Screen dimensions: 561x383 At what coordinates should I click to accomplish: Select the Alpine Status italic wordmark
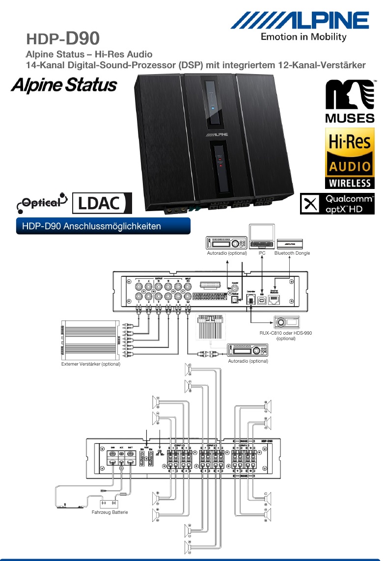tap(64, 85)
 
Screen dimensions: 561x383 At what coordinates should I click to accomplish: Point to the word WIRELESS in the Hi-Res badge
tap(350, 183)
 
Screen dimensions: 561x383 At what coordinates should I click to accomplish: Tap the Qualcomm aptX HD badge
tap(337, 204)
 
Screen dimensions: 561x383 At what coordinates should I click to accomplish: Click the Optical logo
tap(41, 201)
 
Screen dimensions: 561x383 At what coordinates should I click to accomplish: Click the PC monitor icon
tap(262, 237)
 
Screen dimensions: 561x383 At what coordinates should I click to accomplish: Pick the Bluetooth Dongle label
tap(292, 253)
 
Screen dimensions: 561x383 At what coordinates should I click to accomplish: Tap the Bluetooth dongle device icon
tap(290, 243)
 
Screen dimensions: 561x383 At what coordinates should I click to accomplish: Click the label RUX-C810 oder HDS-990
tap(285, 333)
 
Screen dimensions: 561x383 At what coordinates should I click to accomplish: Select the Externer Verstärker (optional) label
tap(90, 364)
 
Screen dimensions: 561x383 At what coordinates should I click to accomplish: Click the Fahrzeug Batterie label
tap(109, 512)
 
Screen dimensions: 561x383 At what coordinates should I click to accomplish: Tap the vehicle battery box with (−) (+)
tap(109, 503)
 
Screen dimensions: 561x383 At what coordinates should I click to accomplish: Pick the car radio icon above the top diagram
tap(227, 243)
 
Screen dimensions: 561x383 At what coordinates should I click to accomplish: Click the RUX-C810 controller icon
tap(287, 322)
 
